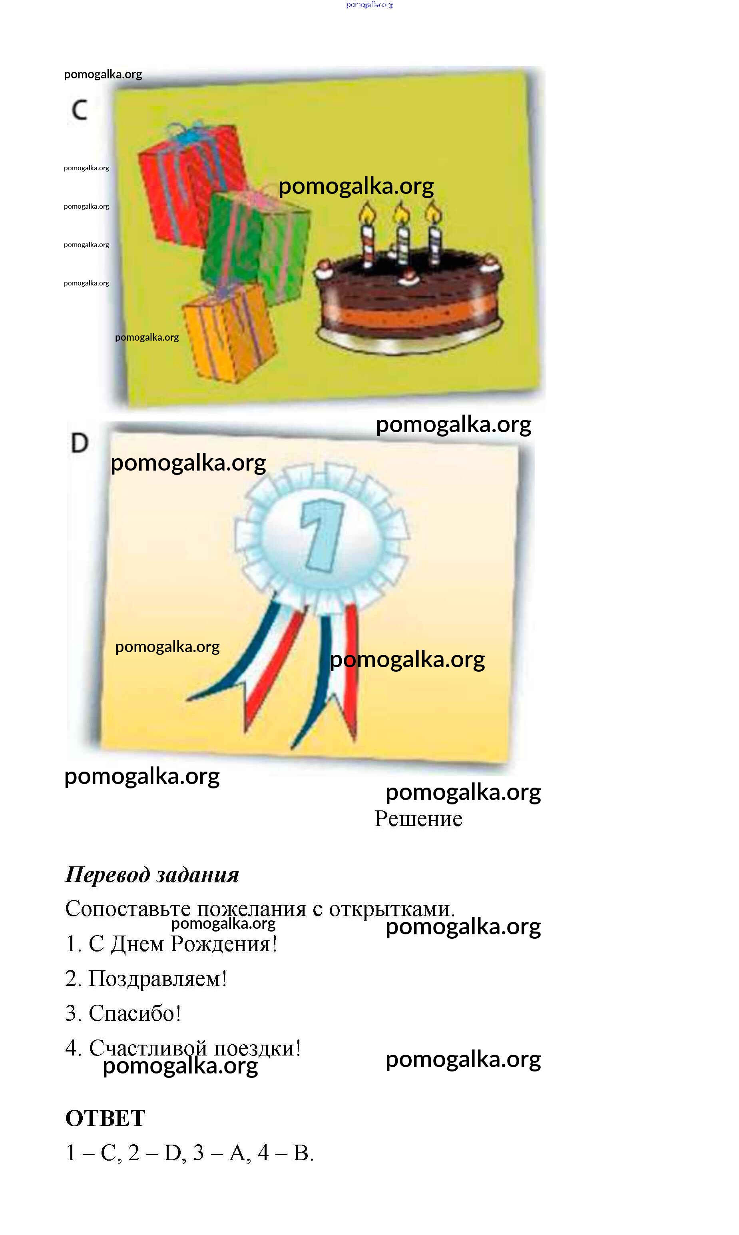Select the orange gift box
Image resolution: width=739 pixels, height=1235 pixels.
click(x=229, y=331)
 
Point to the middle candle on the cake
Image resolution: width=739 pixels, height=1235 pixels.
click(x=402, y=244)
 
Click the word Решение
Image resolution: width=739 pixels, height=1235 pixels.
click(x=418, y=819)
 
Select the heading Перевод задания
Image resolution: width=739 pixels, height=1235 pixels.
click(x=152, y=874)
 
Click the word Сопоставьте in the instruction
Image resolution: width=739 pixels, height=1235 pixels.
click(x=128, y=909)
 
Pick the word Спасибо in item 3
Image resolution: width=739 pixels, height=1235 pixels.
click(x=134, y=1014)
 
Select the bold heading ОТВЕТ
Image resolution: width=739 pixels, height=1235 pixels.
click(x=105, y=1118)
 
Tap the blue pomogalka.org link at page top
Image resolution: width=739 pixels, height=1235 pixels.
click(x=369, y=4)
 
